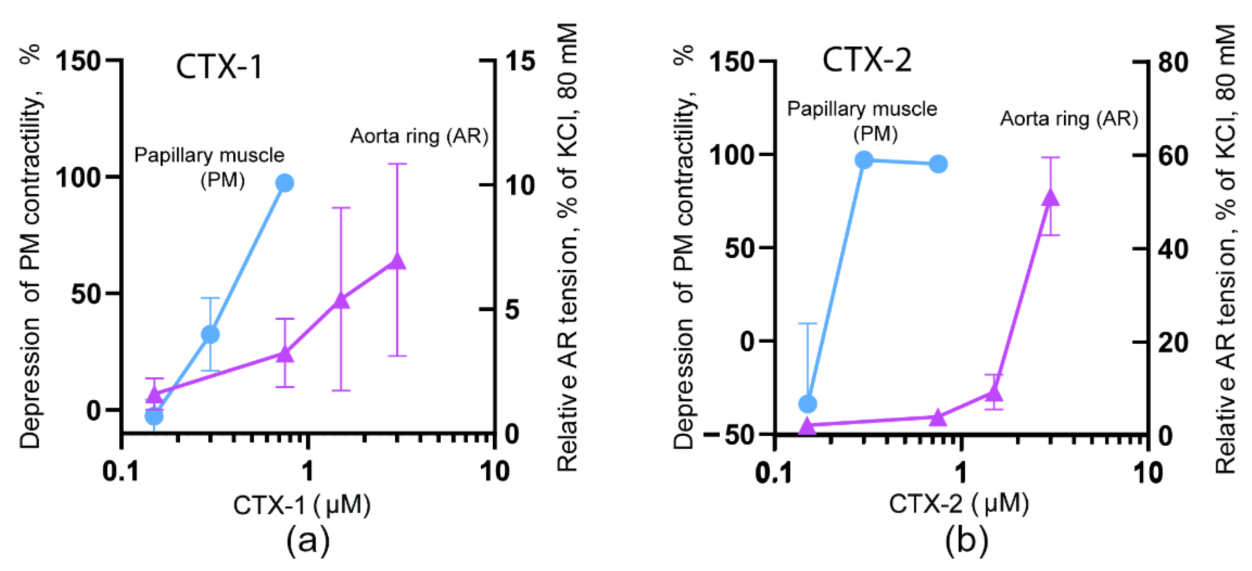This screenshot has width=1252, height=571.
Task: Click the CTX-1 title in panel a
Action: click(x=219, y=67)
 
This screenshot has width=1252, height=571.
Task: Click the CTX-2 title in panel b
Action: click(x=867, y=61)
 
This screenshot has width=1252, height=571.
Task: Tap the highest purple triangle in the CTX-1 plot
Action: click(x=397, y=261)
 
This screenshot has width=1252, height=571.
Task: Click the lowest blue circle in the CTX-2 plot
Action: click(x=808, y=403)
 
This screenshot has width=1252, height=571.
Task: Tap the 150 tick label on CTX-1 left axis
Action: click(x=78, y=61)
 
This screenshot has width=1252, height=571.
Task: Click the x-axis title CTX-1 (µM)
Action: click(x=302, y=505)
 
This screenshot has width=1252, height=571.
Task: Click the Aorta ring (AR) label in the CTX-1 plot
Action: click(x=419, y=136)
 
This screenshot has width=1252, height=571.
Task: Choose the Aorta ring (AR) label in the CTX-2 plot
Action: click(x=1069, y=119)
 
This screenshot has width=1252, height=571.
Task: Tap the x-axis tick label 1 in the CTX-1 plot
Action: click(x=307, y=471)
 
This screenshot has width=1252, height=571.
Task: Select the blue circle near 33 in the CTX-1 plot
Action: click(x=210, y=335)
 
